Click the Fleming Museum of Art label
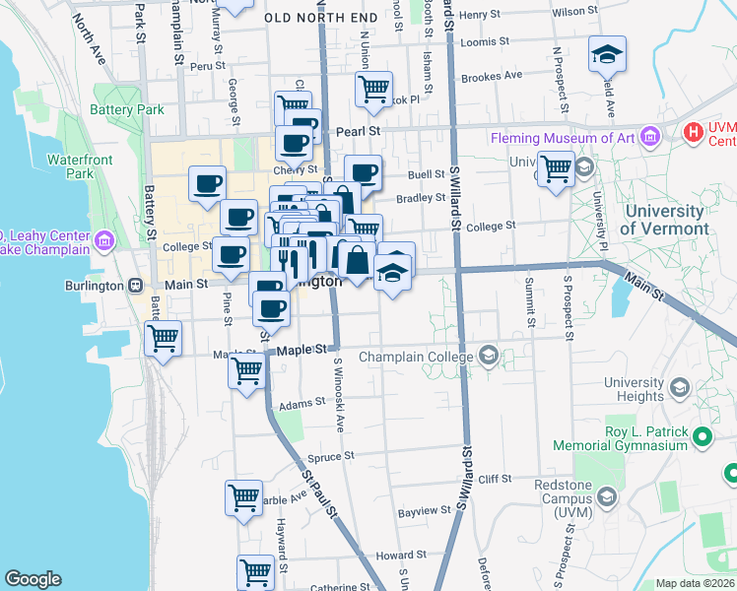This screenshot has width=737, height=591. click(x=563, y=139)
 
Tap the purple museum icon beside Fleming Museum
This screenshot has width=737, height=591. click(x=649, y=138)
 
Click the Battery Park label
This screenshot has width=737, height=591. click(x=128, y=110)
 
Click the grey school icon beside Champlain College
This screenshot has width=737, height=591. click(x=488, y=356)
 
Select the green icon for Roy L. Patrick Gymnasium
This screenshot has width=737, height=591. click(x=703, y=436)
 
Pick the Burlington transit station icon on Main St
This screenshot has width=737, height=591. click(x=135, y=285)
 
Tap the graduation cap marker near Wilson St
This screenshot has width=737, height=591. click(x=608, y=55)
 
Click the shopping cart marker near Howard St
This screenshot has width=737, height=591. click(x=255, y=570)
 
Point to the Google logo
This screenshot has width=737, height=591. click(x=33, y=578)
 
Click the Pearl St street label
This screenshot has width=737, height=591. click(x=362, y=130)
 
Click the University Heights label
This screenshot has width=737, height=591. click(x=634, y=389)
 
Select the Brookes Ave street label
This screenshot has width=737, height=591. click(x=491, y=76)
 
